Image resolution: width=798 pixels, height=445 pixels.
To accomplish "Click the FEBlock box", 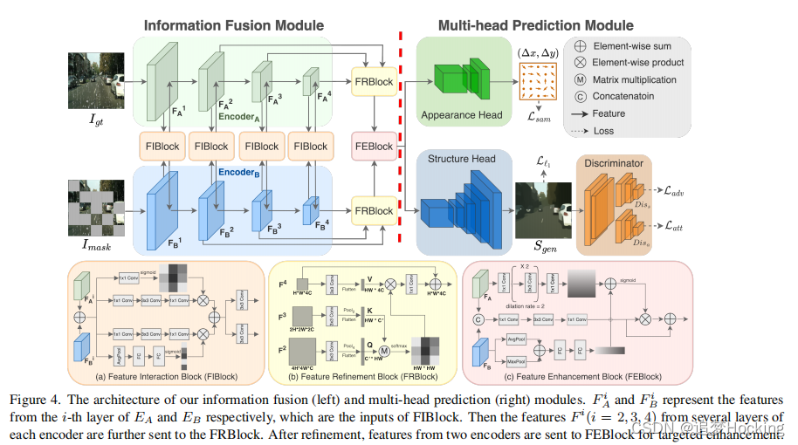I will (373, 147).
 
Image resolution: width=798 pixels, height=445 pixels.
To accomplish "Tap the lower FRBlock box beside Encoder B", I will (373, 212).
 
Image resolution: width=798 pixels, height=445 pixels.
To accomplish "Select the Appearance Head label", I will (460, 115).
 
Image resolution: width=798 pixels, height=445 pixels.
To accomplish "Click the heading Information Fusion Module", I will (234, 25).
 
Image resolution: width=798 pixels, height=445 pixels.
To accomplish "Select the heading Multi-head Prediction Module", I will (536, 25).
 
